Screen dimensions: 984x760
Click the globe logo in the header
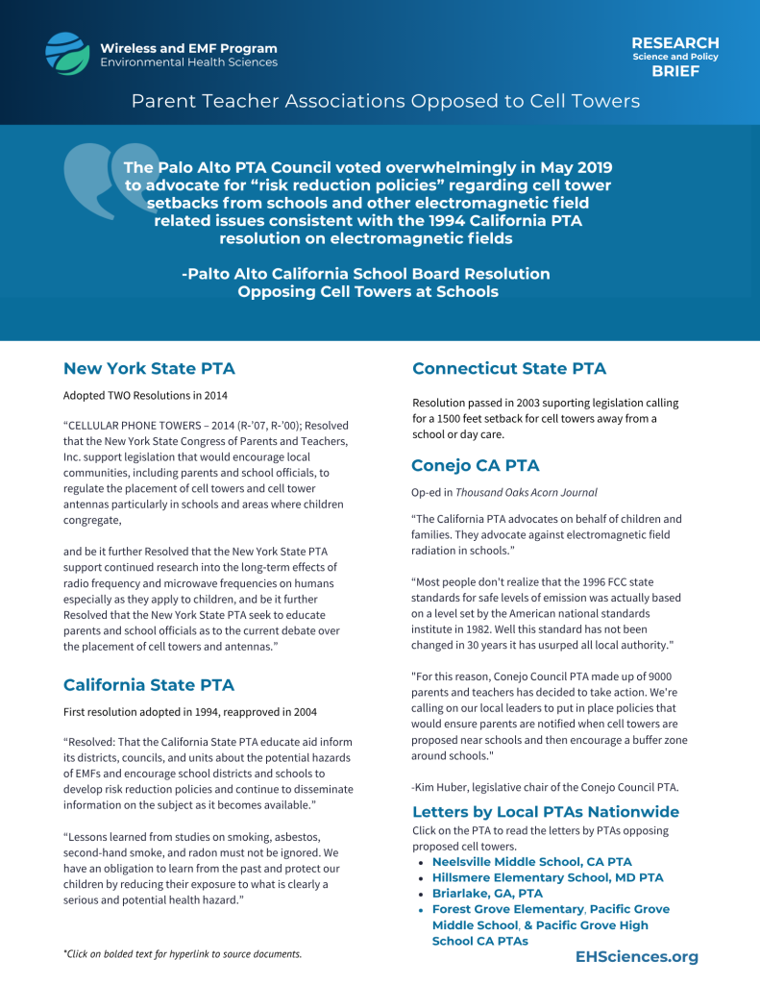[x=66, y=54]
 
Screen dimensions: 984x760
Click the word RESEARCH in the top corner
[x=674, y=43]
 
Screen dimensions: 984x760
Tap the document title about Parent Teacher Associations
[x=385, y=101]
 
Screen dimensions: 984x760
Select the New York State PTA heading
[x=149, y=368]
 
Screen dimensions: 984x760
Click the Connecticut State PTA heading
[x=509, y=368]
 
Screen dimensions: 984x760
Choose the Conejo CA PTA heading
[x=476, y=465]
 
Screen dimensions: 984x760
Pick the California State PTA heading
[x=149, y=684]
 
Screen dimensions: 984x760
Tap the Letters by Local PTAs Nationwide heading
[x=546, y=811]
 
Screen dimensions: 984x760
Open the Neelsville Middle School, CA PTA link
[x=532, y=862]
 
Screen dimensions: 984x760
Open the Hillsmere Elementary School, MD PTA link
[x=548, y=877]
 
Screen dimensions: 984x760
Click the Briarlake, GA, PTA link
[x=487, y=893]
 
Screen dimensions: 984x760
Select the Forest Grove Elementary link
[x=508, y=909]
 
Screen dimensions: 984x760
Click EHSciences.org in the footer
[x=637, y=956]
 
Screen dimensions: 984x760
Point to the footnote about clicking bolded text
[x=183, y=954]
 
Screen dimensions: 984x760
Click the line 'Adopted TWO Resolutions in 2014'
[x=145, y=395]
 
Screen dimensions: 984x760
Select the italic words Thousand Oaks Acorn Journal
[x=526, y=492]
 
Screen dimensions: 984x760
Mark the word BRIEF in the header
[x=674, y=71]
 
